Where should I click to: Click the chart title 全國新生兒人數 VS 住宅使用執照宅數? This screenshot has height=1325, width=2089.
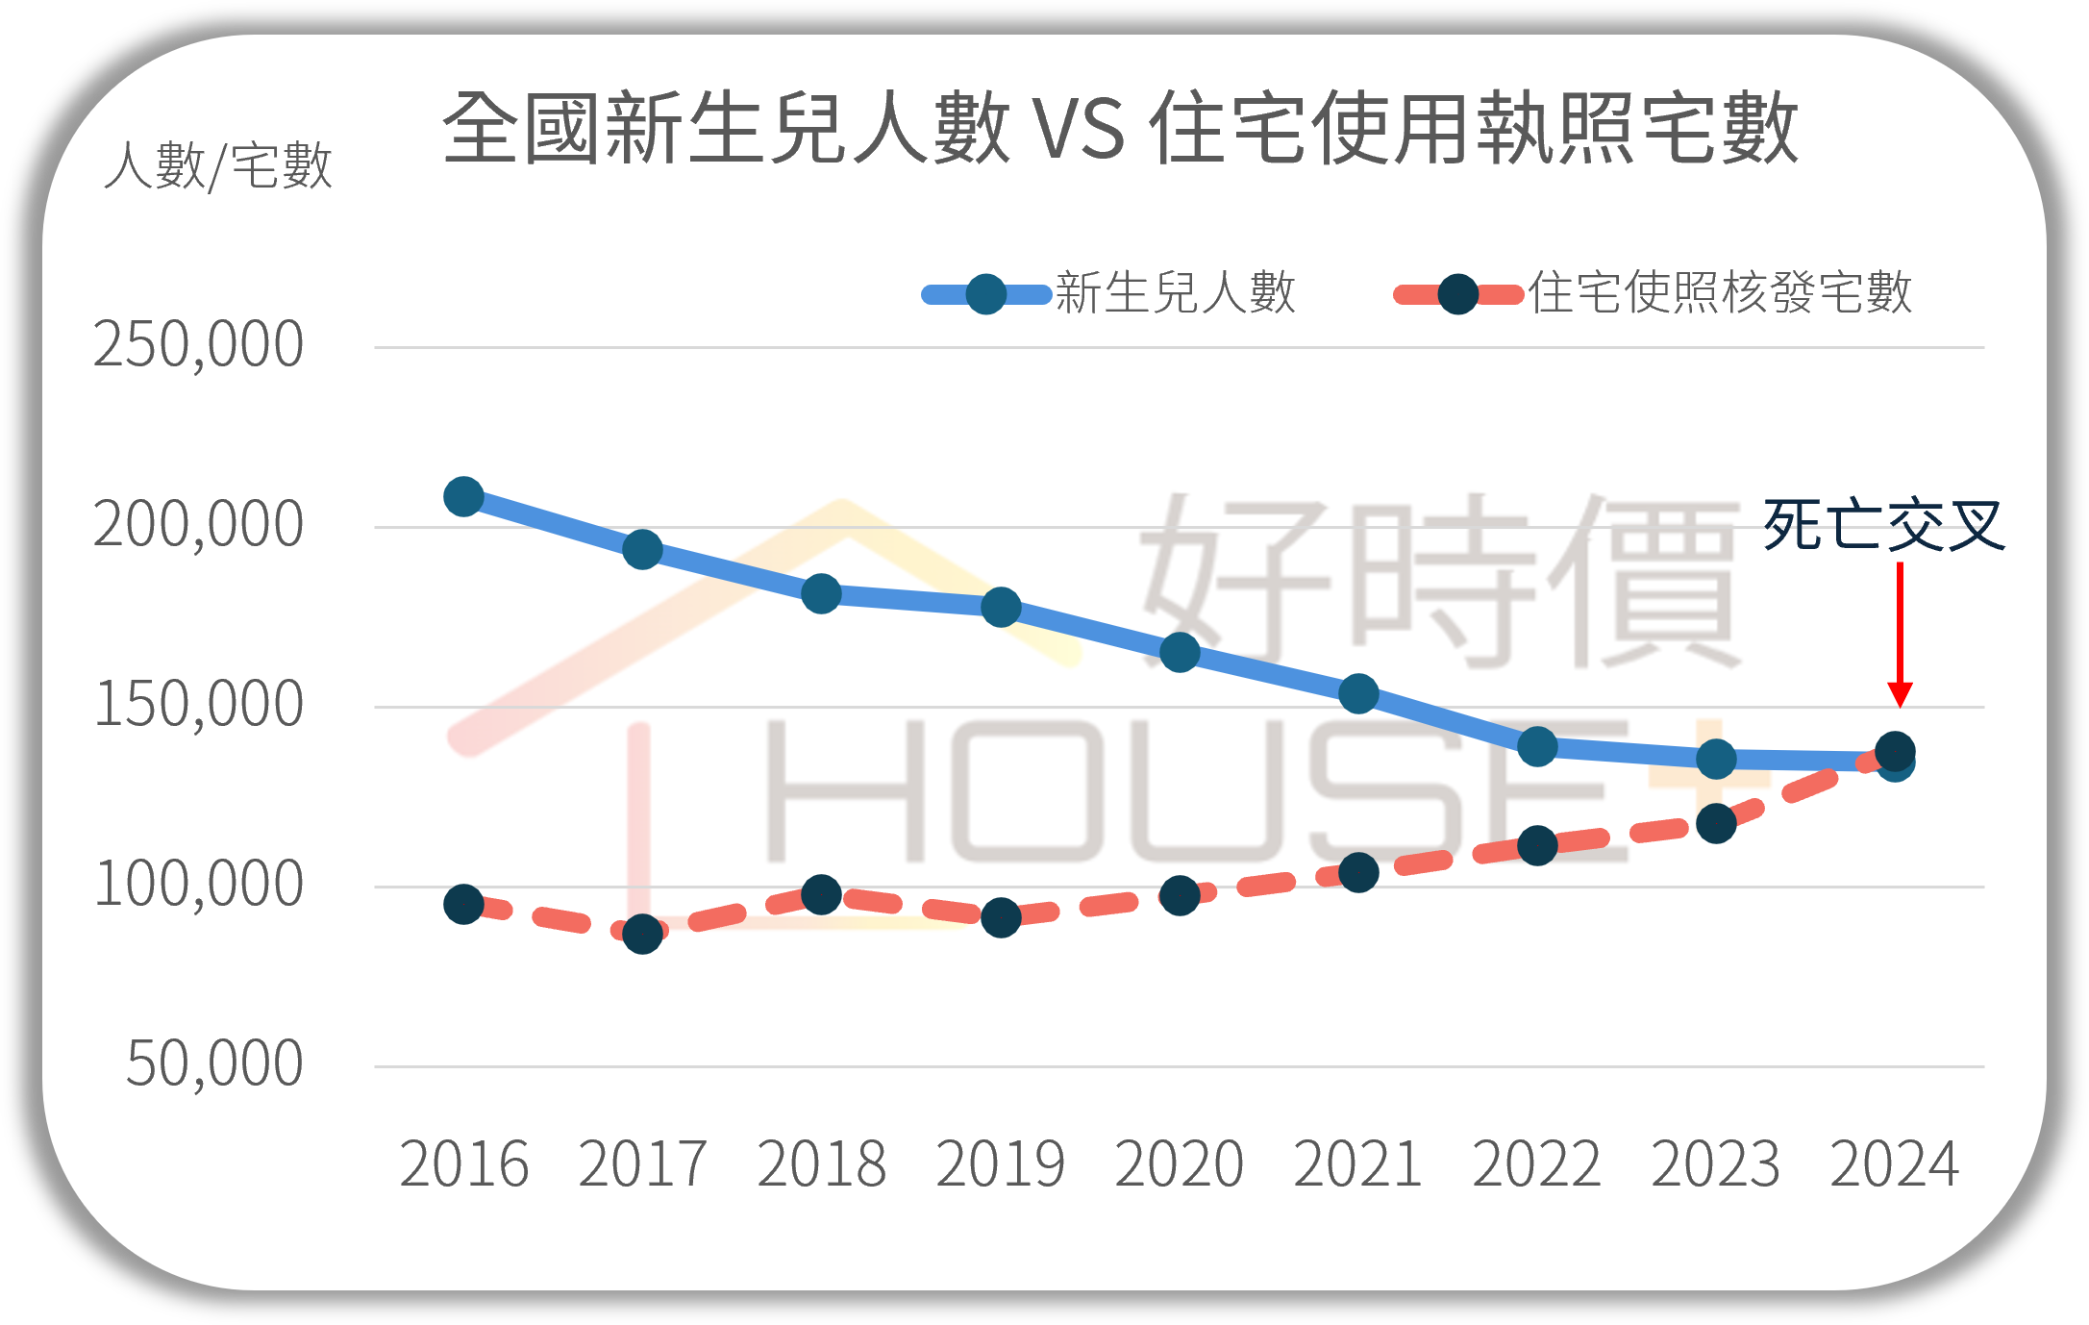pyautogui.click(x=1120, y=128)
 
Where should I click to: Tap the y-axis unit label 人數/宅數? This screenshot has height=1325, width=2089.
pyautogui.click(x=218, y=165)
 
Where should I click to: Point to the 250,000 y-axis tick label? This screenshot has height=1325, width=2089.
pyautogui.click(x=198, y=345)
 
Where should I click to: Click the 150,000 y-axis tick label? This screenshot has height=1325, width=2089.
pyautogui.click(x=198, y=705)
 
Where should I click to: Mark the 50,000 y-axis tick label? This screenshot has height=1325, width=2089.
pyautogui.click(x=213, y=1064)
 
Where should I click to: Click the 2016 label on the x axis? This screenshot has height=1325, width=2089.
pyautogui.click(x=463, y=1164)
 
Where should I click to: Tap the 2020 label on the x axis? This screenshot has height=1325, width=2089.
pyautogui.click(x=1179, y=1164)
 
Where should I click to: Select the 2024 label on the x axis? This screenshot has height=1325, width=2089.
pyautogui.click(x=1894, y=1164)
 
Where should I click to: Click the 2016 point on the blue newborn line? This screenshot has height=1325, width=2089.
pyautogui.click(x=463, y=497)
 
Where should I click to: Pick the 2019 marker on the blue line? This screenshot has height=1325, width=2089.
pyautogui.click(x=1001, y=607)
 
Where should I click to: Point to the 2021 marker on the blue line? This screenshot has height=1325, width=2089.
pyautogui.click(x=1358, y=693)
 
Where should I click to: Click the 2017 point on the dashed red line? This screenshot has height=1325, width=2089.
pyautogui.click(x=642, y=934)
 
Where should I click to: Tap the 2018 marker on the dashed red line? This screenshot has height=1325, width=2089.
pyautogui.click(x=821, y=894)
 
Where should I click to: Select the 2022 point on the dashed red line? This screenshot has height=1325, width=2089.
pyautogui.click(x=1537, y=845)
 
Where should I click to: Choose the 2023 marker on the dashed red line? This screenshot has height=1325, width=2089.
pyautogui.click(x=1716, y=823)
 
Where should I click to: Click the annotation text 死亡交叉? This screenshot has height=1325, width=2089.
pyautogui.click(x=1883, y=525)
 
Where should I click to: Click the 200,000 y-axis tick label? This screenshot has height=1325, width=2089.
pyautogui.click(x=198, y=525)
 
